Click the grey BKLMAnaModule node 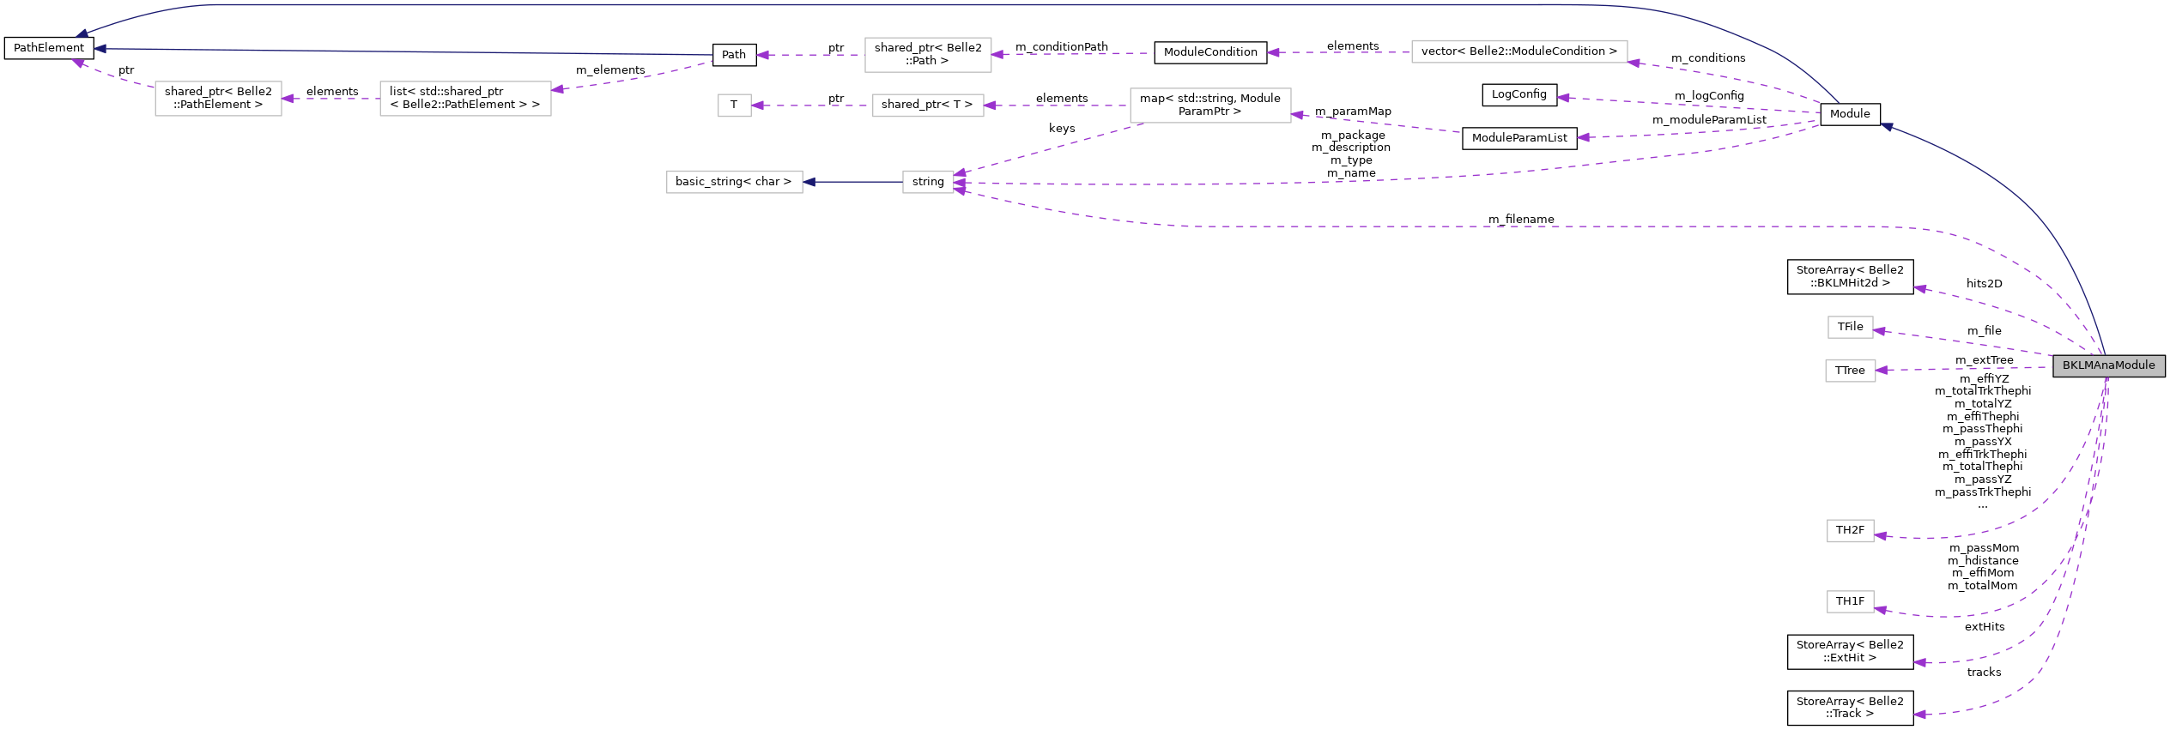point(2108,365)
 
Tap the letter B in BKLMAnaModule point(2066,365)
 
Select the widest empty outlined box point(1518,51)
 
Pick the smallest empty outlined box point(734,106)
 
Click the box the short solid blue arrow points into point(734,182)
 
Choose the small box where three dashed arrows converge point(928,182)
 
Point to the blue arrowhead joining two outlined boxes point(809,182)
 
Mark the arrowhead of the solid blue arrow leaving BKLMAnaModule point(1886,127)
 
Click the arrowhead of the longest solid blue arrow point(81,35)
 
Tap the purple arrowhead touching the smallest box point(757,106)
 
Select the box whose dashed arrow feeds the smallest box point(928,106)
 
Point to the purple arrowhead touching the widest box point(1634,62)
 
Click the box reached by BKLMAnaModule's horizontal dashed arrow point(1850,371)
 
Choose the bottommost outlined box point(1850,602)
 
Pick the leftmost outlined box point(218,99)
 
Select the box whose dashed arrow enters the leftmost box point(465,99)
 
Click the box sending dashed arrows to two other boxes point(1209,106)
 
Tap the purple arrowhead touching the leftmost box point(288,99)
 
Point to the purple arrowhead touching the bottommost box point(1880,610)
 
